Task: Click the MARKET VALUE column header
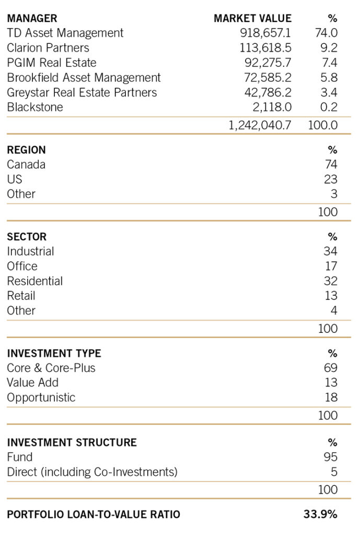pos(252,18)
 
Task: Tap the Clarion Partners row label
pos(48,48)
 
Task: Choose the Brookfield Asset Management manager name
pos(84,78)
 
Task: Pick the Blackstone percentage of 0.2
pos(328,108)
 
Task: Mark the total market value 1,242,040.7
pos(260,125)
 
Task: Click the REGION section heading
pos(26,150)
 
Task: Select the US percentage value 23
pos(330,179)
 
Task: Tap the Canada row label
pos(26,165)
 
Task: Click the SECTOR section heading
pos(27,237)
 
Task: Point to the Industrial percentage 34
pos(330,251)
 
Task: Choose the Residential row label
pos(34,281)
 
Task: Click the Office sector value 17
pos(331,266)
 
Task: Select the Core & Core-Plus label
pos(51,368)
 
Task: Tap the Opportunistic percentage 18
pos(331,398)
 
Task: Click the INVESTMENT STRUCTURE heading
pos(72,443)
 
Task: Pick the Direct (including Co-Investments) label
pos(92,472)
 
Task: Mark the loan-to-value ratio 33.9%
pos(320,514)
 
